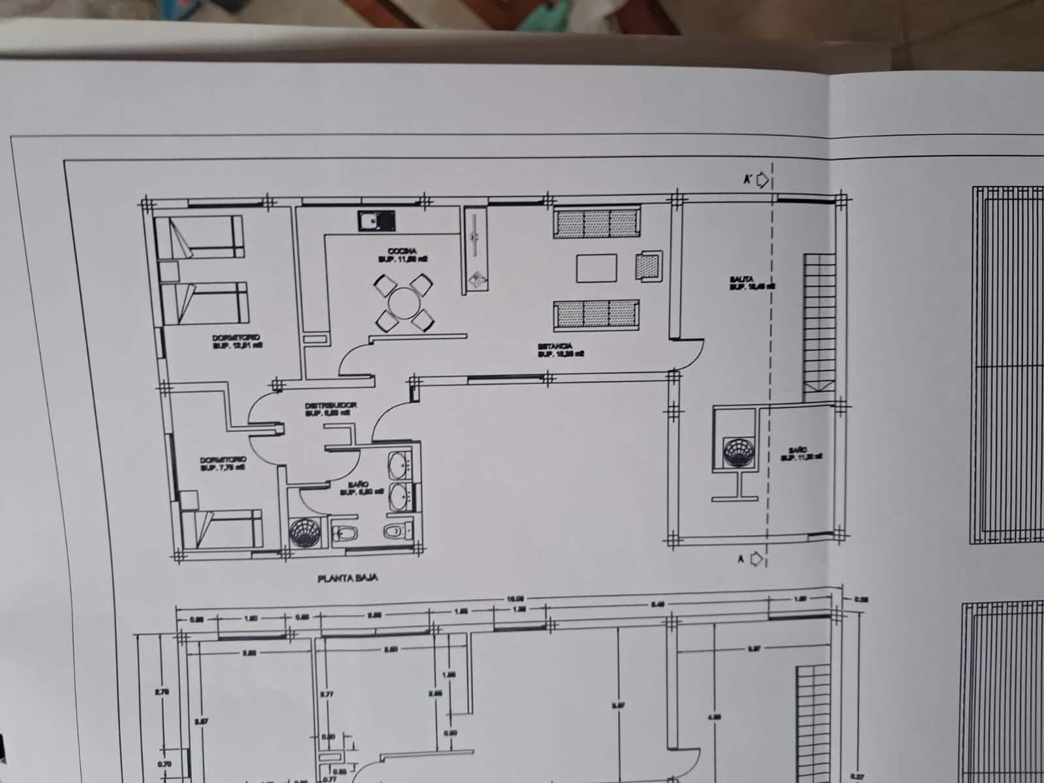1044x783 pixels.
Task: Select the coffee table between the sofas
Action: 596,268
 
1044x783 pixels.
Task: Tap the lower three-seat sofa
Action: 596,313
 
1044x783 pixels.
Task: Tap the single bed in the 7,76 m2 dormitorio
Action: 222,527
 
